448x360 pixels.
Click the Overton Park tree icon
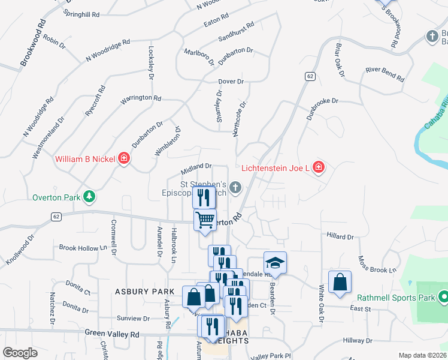[89, 196]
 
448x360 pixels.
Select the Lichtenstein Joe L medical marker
[318, 167]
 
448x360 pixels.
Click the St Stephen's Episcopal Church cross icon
[235, 189]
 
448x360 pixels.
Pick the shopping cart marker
[204, 221]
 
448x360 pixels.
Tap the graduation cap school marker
[275, 262]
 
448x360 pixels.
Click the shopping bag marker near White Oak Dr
[340, 281]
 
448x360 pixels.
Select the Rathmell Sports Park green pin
[443, 297]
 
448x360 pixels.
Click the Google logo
[20, 353]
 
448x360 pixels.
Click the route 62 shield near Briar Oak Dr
[310, 76]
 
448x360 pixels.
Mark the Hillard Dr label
[340, 236]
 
